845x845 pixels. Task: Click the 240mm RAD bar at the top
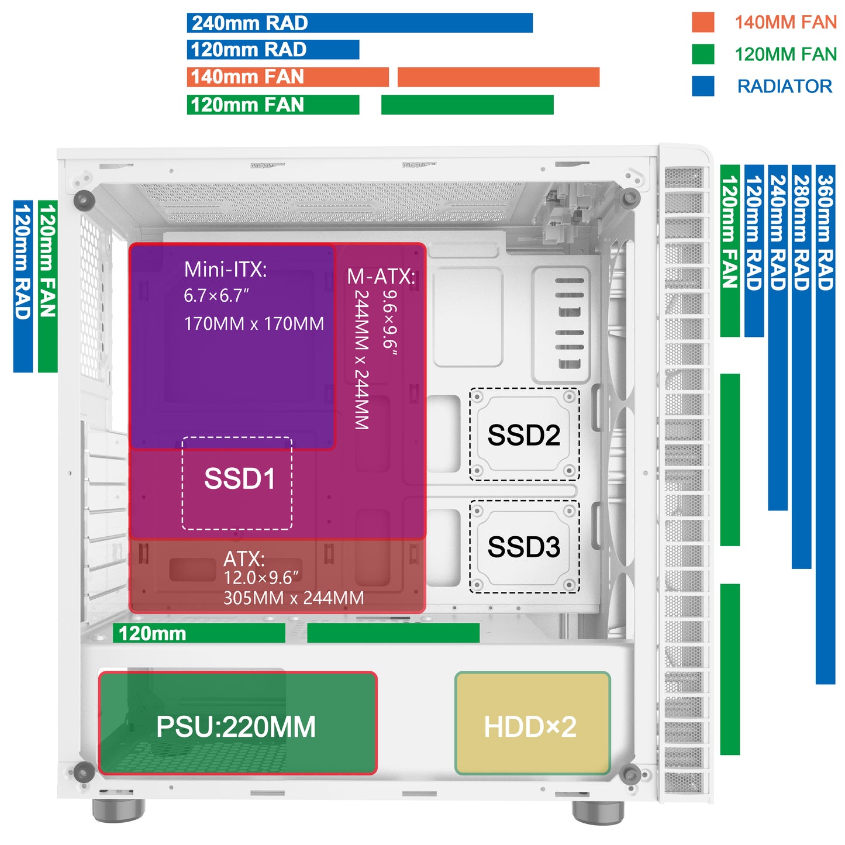(360, 23)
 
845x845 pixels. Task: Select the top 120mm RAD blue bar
(273, 50)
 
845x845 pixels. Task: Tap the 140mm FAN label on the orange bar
(247, 77)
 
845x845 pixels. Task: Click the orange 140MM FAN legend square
(702, 22)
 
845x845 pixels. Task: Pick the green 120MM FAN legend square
(702, 54)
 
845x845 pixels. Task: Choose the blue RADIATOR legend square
(702, 86)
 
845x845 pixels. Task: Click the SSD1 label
(239, 479)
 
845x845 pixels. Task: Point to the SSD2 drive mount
(524, 434)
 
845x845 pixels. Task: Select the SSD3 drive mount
(524, 547)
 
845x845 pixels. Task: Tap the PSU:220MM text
(236, 727)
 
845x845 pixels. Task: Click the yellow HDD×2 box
(532, 724)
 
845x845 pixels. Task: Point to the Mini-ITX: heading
(225, 270)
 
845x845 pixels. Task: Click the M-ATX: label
(381, 276)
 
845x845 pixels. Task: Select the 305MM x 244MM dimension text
(294, 598)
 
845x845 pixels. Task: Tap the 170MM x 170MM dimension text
(254, 323)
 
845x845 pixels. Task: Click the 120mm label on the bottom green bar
(152, 633)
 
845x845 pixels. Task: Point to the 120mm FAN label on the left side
(47, 260)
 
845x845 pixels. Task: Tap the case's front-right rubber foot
(598, 812)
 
